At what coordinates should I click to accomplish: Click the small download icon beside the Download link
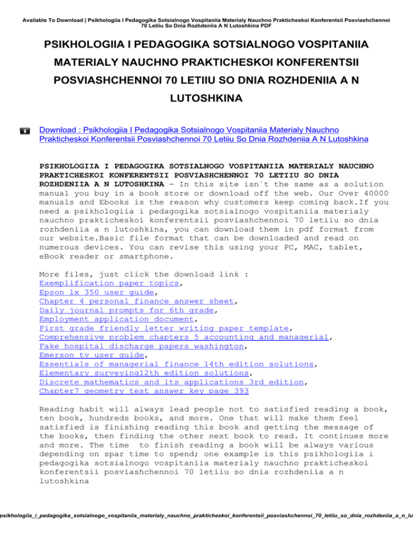tap(25, 130)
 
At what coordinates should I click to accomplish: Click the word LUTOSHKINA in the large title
tap(206, 99)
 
